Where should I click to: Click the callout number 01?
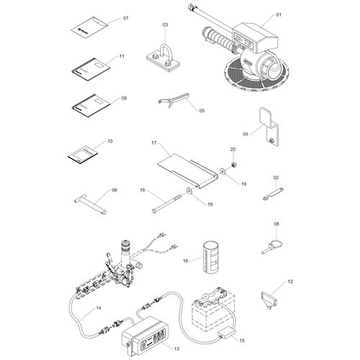coord(279,15)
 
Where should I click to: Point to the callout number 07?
coord(126,18)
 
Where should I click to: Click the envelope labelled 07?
coord(90,27)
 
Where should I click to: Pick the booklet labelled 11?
coord(91,69)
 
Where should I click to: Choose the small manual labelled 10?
coord(83,155)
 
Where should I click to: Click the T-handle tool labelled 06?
coord(90,203)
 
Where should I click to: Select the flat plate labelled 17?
coord(188,171)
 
